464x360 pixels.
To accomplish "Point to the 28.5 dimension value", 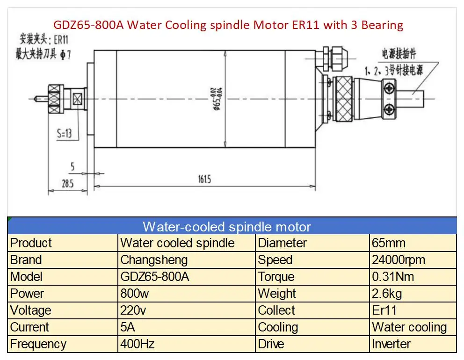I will click(67, 184).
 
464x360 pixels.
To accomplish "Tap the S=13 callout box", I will click(65, 134).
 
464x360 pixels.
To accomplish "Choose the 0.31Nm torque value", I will click(393, 277).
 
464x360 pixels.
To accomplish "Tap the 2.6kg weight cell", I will click(387, 294).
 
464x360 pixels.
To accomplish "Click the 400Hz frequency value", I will click(138, 344).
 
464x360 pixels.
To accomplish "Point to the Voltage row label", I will click(31, 310).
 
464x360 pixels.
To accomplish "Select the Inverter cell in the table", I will click(391, 344).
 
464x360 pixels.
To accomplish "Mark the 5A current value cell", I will click(128, 327).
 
